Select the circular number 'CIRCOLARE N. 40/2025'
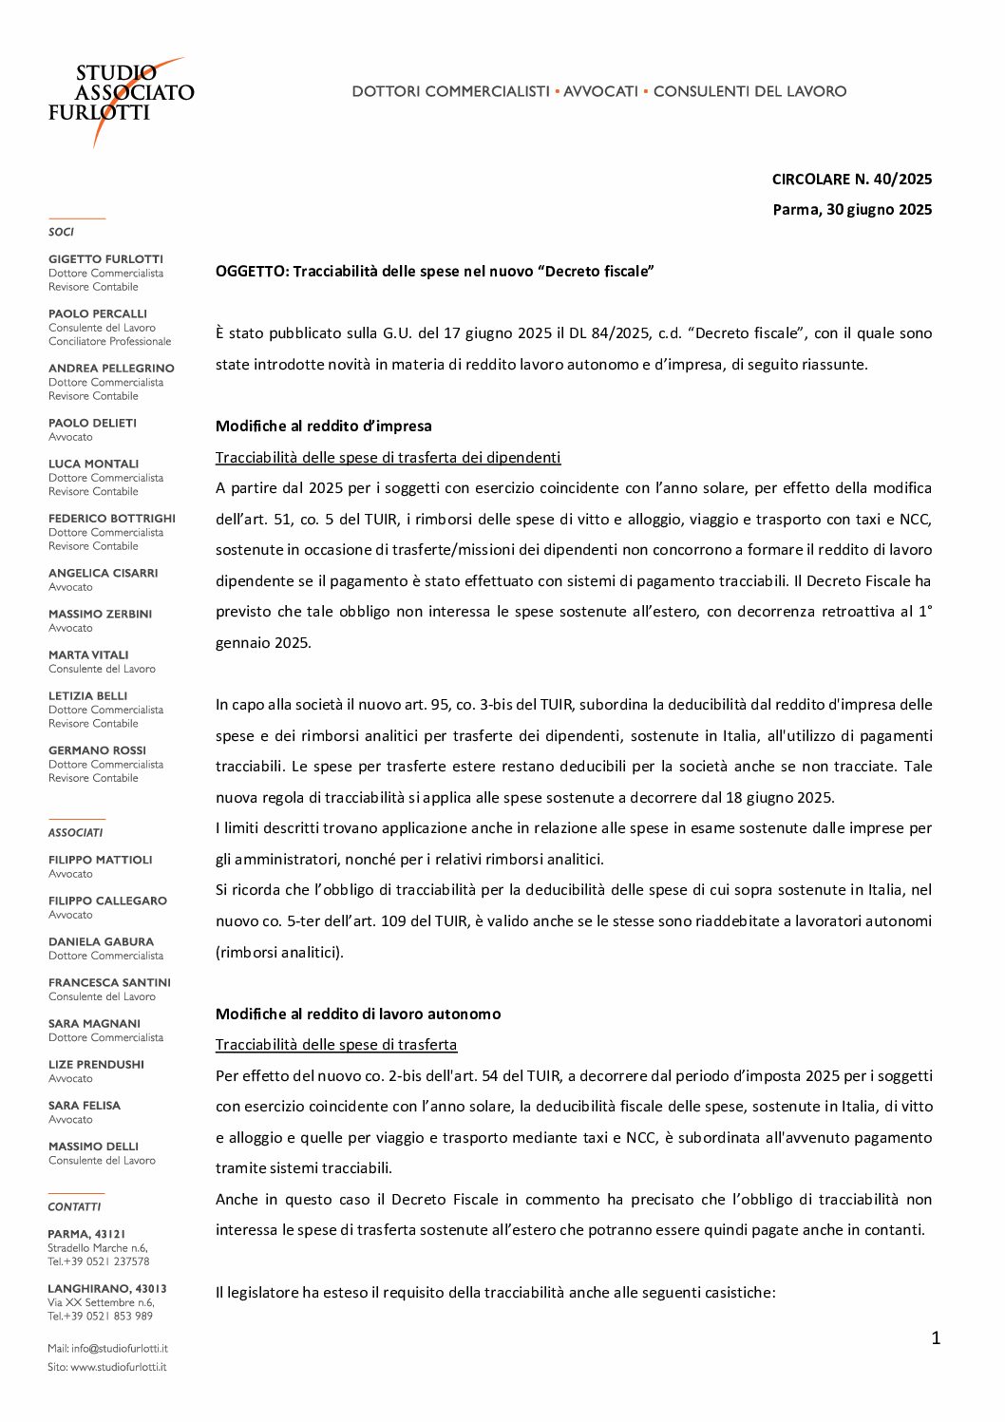click(851, 179)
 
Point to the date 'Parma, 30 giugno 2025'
click(851, 209)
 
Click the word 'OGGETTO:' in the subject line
click(252, 271)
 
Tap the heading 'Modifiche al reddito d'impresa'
click(323, 426)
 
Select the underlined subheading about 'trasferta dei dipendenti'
click(388, 457)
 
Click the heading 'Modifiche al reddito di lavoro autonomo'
click(358, 1014)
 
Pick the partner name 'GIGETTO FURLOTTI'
click(105, 258)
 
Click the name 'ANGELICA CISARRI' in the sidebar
click(103, 573)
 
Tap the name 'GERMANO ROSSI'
click(97, 749)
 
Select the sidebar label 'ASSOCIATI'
click(75, 832)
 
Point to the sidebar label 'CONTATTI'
click(74, 1206)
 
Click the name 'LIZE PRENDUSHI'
click(96, 1064)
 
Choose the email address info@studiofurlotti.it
click(119, 1348)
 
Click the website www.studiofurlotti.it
click(118, 1367)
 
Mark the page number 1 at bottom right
click(935, 1337)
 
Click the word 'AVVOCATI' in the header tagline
click(600, 91)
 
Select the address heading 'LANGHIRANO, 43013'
click(106, 1288)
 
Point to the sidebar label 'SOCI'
click(61, 232)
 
